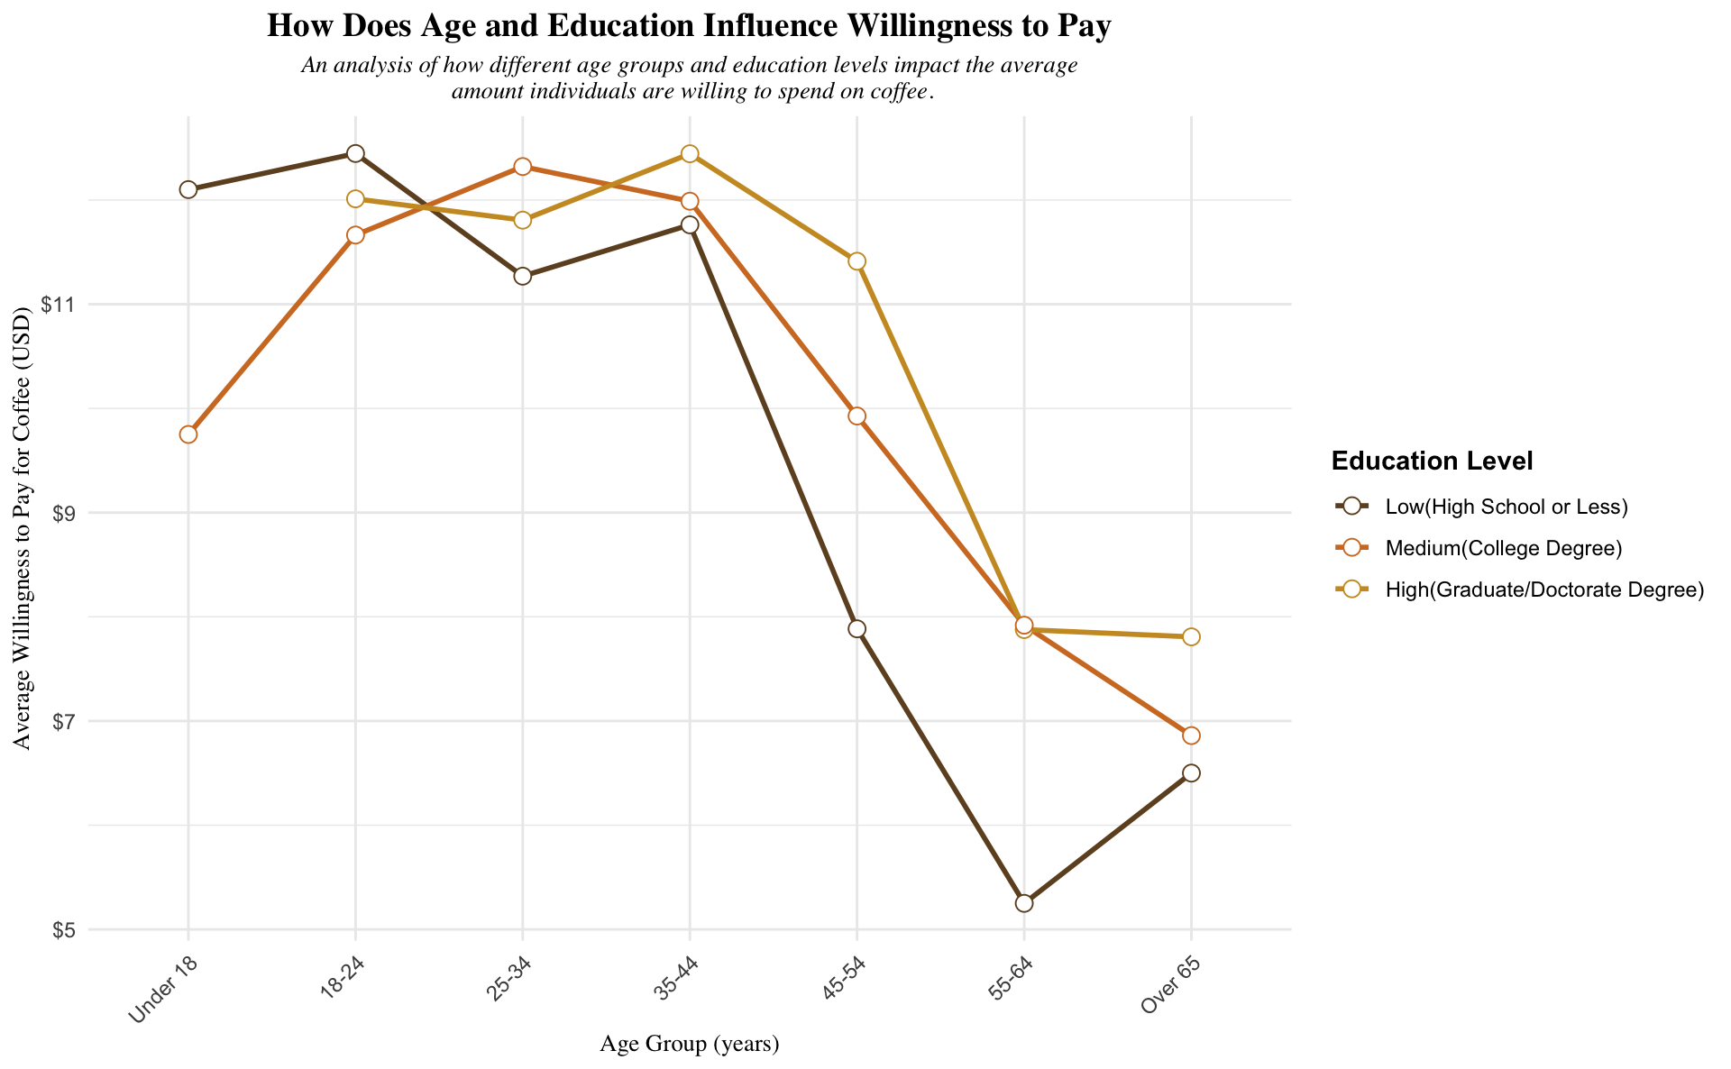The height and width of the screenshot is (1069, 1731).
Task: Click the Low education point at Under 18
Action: pyautogui.click(x=188, y=189)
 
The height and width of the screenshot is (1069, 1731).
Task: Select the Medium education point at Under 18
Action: pyautogui.click(x=188, y=434)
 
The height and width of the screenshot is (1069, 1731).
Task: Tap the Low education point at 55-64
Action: pyautogui.click(x=1023, y=903)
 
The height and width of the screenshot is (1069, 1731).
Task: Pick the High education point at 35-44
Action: pyautogui.click(x=690, y=154)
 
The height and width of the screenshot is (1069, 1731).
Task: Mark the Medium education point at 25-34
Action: pyautogui.click(x=522, y=167)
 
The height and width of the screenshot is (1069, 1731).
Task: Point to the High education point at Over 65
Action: pyautogui.click(x=1191, y=637)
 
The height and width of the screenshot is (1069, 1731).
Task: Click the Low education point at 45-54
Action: pyautogui.click(x=856, y=629)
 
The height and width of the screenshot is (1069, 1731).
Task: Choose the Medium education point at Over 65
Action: pyautogui.click(x=1191, y=736)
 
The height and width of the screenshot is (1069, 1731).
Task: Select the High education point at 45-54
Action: pyautogui.click(x=856, y=261)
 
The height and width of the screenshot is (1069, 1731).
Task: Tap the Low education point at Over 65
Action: pyautogui.click(x=1191, y=773)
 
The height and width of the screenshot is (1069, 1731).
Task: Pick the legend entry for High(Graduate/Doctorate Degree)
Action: pyautogui.click(x=1543, y=589)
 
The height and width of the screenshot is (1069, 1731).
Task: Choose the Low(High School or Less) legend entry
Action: pyautogui.click(x=1506, y=507)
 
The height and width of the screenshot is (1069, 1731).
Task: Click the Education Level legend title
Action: pyautogui.click(x=1432, y=461)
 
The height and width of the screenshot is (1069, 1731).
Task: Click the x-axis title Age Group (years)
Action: pyautogui.click(x=689, y=1045)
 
